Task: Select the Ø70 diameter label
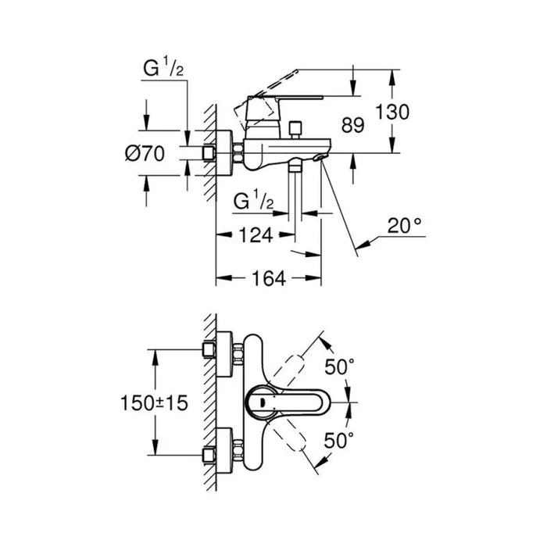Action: coord(145,154)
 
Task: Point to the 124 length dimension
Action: coord(256,234)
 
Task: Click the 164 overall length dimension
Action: coord(268,277)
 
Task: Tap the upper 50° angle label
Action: coord(341,366)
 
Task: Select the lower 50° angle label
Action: coord(341,441)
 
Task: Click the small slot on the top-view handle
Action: coord(262,402)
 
